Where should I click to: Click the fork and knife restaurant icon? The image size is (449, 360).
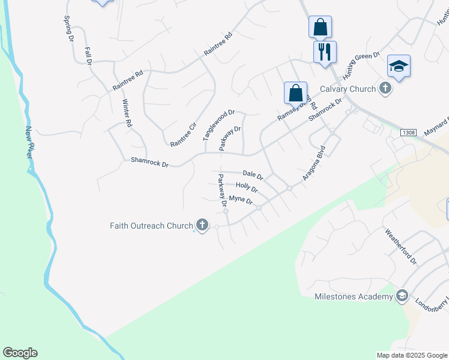(x=325, y=52)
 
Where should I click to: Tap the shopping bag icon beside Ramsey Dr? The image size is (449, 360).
(x=295, y=92)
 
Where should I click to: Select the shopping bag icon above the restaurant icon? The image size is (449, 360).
(x=320, y=26)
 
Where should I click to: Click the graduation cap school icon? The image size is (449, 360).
(x=399, y=66)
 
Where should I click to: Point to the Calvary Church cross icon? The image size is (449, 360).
(x=385, y=89)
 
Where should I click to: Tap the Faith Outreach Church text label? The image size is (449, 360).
(x=151, y=226)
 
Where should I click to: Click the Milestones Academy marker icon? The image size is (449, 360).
(x=402, y=296)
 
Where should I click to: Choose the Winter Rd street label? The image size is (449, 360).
(x=127, y=113)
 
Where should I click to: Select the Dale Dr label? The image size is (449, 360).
(x=253, y=175)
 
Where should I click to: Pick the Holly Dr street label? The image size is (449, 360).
(x=247, y=188)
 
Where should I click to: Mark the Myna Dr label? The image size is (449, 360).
(x=241, y=200)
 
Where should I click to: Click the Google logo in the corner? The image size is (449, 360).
(x=20, y=353)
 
